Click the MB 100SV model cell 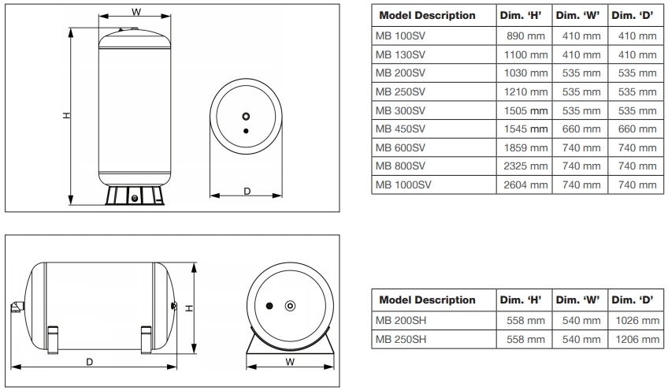pos(402,36)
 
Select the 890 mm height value pos(522,36)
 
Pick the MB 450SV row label pos(402,128)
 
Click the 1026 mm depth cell pos(636,321)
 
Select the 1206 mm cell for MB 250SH pos(636,340)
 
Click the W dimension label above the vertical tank pos(136,12)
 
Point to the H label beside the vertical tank pos(66,116)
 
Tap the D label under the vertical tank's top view pos(246,192)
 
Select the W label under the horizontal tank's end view pos(290,363)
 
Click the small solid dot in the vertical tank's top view pos(247,129)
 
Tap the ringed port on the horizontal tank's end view pos(290,305)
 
